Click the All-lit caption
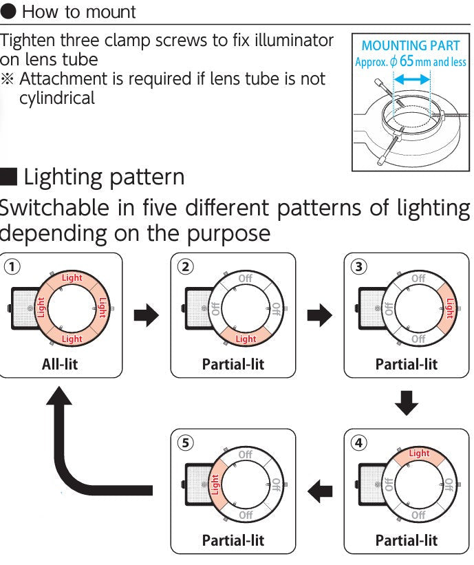pyautogui.click(x=60, y=364)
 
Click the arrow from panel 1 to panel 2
pyautogui.click(x=146, y=315)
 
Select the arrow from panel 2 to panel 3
pyautogui.click(x=319, y=315)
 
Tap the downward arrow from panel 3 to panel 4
pyautogui.click(x=407, y=403)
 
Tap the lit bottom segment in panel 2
pyautogui.click(x=246, y=338)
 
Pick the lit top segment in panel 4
pyautogui.click(x=419, y=454)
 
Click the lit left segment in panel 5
pyautogui.click(x=215, y=484)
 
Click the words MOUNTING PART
pyautogui.click(x=411, y=46)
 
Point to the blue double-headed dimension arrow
pyautogui.click(x=411, y=81)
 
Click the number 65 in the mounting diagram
pyautogui.click(x=407, y=62)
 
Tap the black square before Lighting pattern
pyautogui.click(x=8, y=176)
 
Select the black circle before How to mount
pyautogui.click(x=8, y=12)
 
